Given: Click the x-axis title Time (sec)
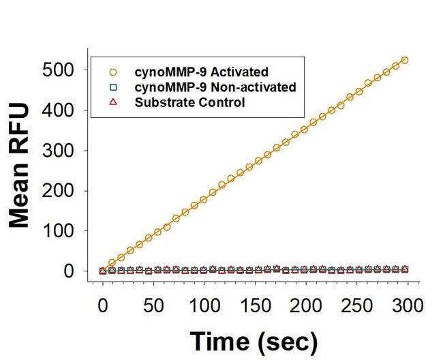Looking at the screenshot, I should click(x=254, y=340).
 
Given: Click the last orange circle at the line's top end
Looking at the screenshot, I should click(x=404, y=60).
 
